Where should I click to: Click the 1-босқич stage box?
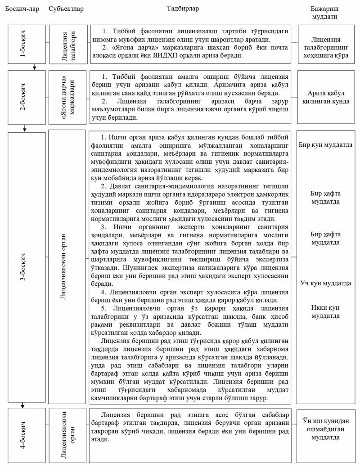27,45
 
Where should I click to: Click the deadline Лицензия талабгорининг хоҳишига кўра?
325,45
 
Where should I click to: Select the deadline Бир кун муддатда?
325,145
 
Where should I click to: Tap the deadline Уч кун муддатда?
325,284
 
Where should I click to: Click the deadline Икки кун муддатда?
325,311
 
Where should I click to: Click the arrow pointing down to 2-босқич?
34,68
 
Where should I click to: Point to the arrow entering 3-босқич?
25,129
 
